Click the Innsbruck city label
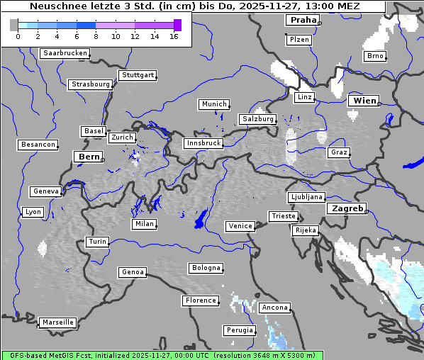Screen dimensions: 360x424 click(x=203, y=143)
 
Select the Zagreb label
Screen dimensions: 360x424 click(x=346, y=208)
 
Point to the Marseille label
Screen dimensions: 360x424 click(x=57, y=322)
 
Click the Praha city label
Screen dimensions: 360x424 click(x=301, y=20)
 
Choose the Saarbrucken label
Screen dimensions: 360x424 click(x=65, y=53)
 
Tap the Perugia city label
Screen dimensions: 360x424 click(x=239, y=330)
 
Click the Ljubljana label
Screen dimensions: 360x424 click(x=306, y=197)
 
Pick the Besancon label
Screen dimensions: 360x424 click(x=38, y=145)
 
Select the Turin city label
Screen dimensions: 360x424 click(x=97, y=242)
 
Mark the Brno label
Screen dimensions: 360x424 click(x=374, y=56)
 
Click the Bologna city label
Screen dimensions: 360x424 click(x=205, y=268)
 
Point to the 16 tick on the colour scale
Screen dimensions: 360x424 click(x=174, y=36)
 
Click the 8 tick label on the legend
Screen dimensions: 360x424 click(x=96, y=36)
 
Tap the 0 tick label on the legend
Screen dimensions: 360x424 click(x=18, y=36)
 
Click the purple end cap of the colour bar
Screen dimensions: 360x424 click(x=177, y=25)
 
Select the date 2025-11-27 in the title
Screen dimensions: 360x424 click(x=254, y=6)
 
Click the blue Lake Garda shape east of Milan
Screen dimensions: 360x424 click(x=201, y=219)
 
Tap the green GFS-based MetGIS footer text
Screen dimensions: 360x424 click(x=162, y=355)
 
